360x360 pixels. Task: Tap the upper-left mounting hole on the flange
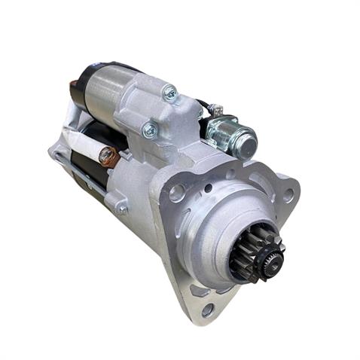[178, 194]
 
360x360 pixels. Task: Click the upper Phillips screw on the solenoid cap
[170, 93]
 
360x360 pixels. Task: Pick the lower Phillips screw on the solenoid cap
[149, 131]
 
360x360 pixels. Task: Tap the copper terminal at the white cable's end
[108, 156]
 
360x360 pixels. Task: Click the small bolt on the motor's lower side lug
[122, 209]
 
